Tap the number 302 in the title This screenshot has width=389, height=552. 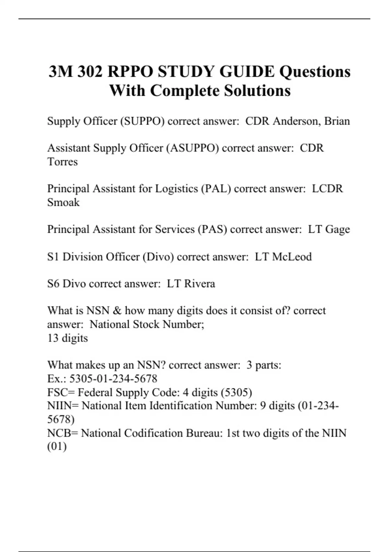point(90,71)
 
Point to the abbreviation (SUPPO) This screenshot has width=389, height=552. point(142,121)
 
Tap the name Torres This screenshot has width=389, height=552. point(63,162)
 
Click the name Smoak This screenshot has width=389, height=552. point(63,202)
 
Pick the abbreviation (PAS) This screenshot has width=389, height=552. point(212,229)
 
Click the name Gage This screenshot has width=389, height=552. point(337,229)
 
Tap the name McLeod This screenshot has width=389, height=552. point(292,257)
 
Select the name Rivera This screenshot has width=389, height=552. point(199,284)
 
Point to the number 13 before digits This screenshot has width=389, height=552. point(53,338)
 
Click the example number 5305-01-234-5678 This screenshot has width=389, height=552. point(113,379)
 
